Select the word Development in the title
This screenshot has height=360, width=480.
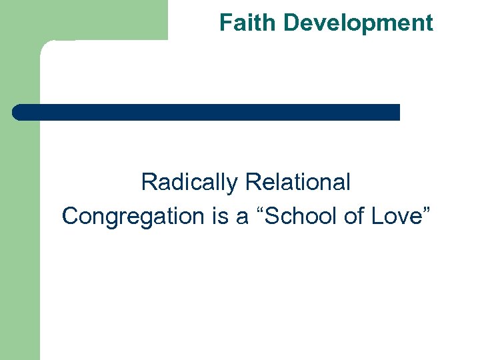click(358, 23)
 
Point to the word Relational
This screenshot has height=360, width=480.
click(298, 182)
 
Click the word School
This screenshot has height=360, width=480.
click(301, 216)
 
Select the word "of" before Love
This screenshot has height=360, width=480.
click(352, 216)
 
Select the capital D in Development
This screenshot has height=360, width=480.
click(290, 23)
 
